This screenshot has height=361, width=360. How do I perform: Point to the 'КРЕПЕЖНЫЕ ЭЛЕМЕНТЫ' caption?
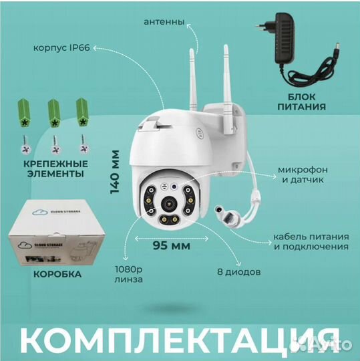52,168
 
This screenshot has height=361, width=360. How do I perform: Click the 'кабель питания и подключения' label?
310,241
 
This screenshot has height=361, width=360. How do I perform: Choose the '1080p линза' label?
130,275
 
